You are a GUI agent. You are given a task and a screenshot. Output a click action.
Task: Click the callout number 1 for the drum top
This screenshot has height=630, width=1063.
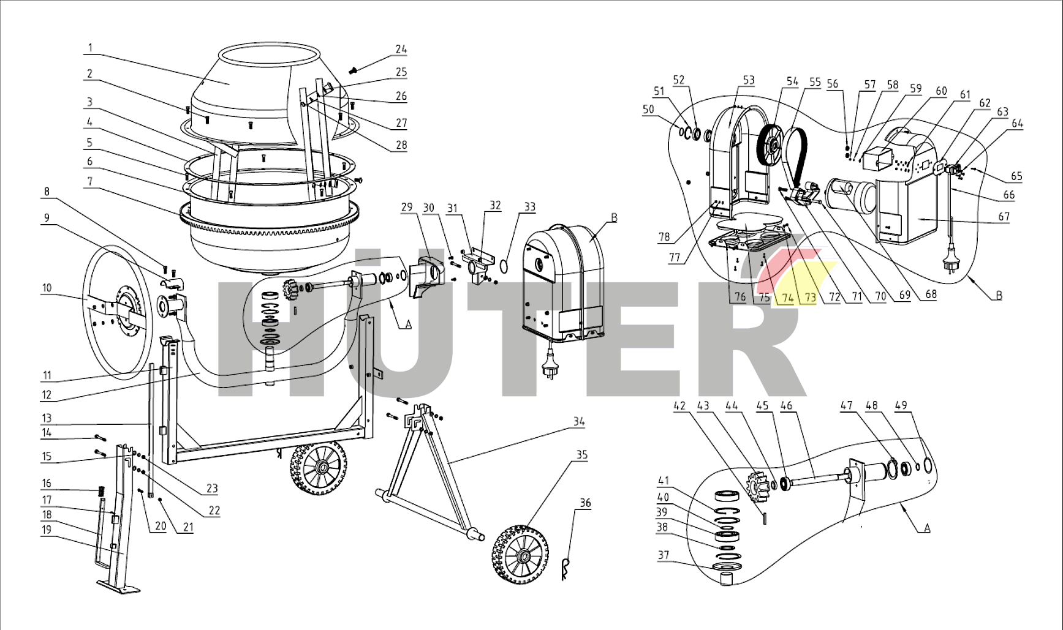pyautogui.click(x=90, y=48)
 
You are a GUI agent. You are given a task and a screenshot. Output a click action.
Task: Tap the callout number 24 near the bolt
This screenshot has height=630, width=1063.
pyautogui.click(x=401, y=49)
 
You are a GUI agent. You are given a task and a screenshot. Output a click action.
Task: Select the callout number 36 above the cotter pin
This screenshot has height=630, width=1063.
pyautogui.click(x=585, y=503)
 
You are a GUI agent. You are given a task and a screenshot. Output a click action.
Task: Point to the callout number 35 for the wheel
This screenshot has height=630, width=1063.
pyautogui.click(x=581, y=455)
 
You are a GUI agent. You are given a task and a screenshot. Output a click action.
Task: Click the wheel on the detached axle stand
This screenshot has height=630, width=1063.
pyautogui.click(x=520, y=555)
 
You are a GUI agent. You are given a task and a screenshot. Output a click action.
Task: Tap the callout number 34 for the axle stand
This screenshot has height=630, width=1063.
pyautogui.click(x=579, y=421)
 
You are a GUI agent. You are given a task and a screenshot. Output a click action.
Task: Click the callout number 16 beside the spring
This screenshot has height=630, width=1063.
pyautogui.click(x=47, y=483)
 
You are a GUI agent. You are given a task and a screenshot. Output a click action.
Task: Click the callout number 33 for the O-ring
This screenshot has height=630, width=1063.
pyautogui.click(x=530, y=207)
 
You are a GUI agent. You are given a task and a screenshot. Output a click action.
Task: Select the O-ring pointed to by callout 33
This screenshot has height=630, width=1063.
pyautogui.click(x=504, y=266)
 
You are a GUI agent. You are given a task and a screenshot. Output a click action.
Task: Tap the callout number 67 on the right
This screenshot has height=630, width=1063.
pyautogui.click(x=1004, y=216)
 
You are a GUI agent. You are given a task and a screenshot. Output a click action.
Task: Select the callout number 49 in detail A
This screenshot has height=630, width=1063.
pyautogui.click(x=901, y=405)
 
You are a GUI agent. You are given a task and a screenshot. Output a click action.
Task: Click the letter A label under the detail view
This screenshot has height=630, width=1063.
pyautogui.click(x=926, y=528)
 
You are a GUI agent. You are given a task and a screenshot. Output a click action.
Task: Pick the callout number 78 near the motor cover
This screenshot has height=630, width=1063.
pyautogui.click(x=664, y=237)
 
